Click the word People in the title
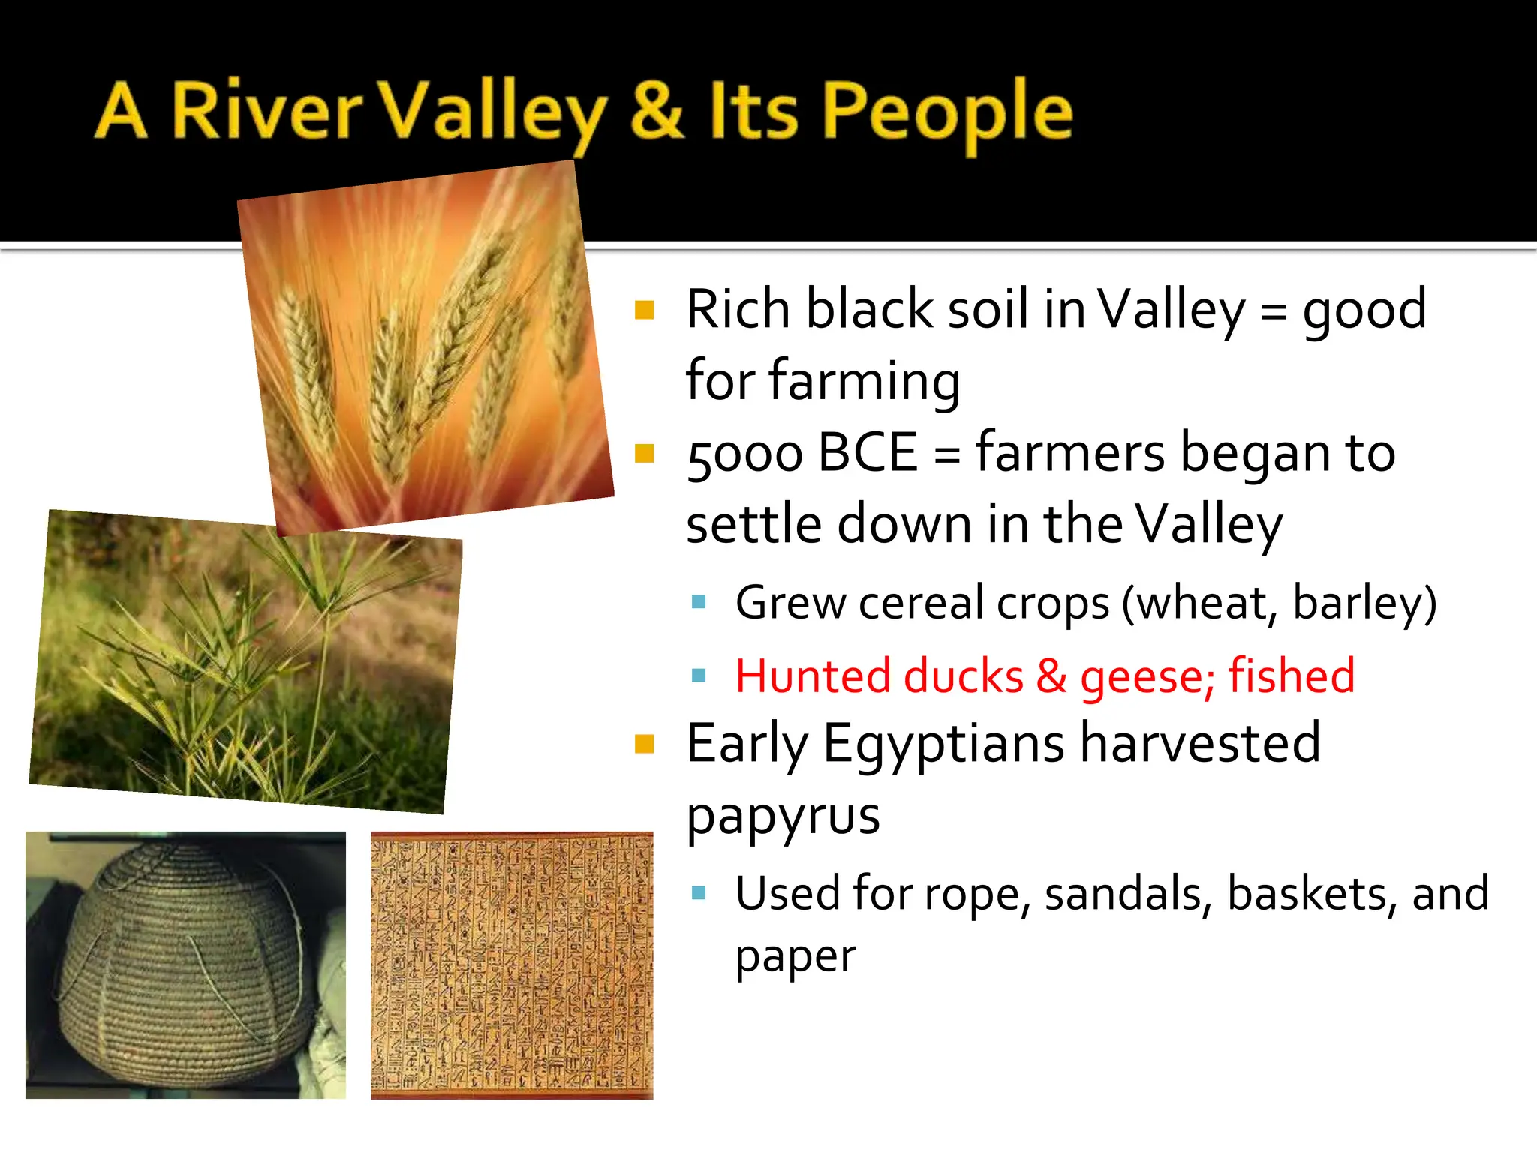[948, 112]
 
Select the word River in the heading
[267, 112]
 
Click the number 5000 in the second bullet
[744, 454]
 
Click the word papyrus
[783, 817]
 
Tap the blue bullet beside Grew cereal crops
[699, 602]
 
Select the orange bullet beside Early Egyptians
[645, 744]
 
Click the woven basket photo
[185, 964]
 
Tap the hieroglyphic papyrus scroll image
[512, 964]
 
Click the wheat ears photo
[426, 349]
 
